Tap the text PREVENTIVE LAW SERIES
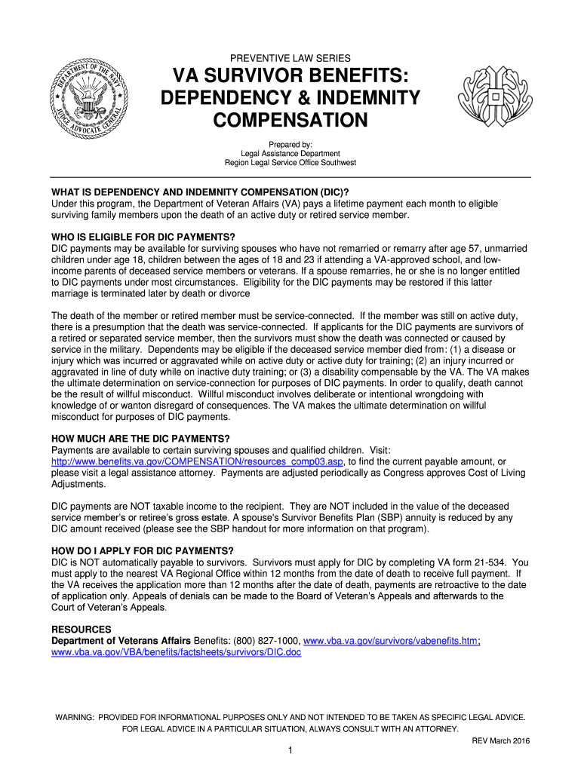coord(290,58)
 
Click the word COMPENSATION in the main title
coord(290,121)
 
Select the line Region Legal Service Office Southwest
coord(290,163)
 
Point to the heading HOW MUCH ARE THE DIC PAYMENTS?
coord(140,439)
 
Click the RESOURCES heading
coord(81,630)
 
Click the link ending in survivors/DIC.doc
coord(176,652)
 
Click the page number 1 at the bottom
coord(290,752)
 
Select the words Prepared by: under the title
coord(290,145)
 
